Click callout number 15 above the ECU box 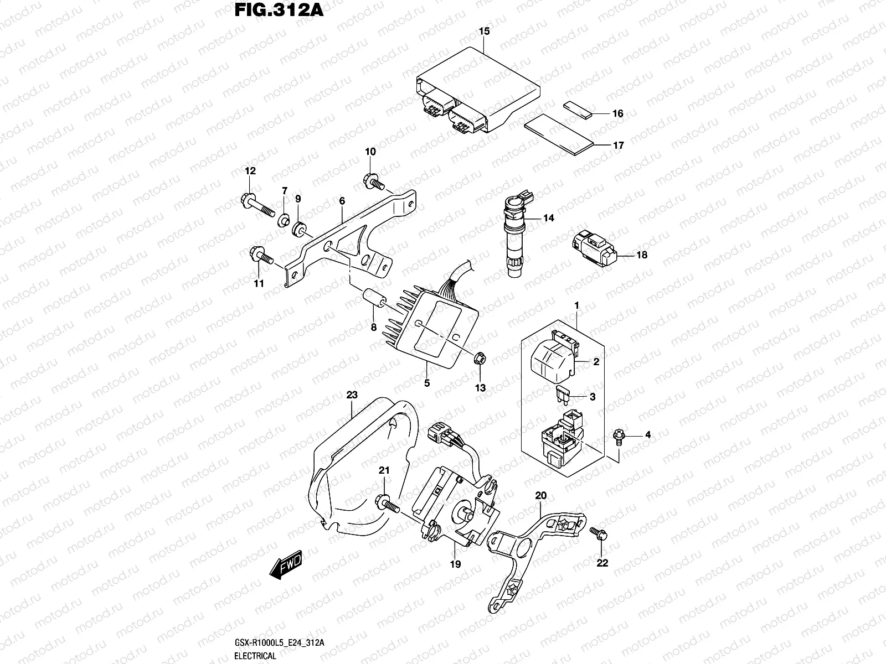point(484,32)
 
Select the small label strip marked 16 point(578,111)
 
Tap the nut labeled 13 point(480,359)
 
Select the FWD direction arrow point(286,567)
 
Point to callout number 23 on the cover point(352,395)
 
